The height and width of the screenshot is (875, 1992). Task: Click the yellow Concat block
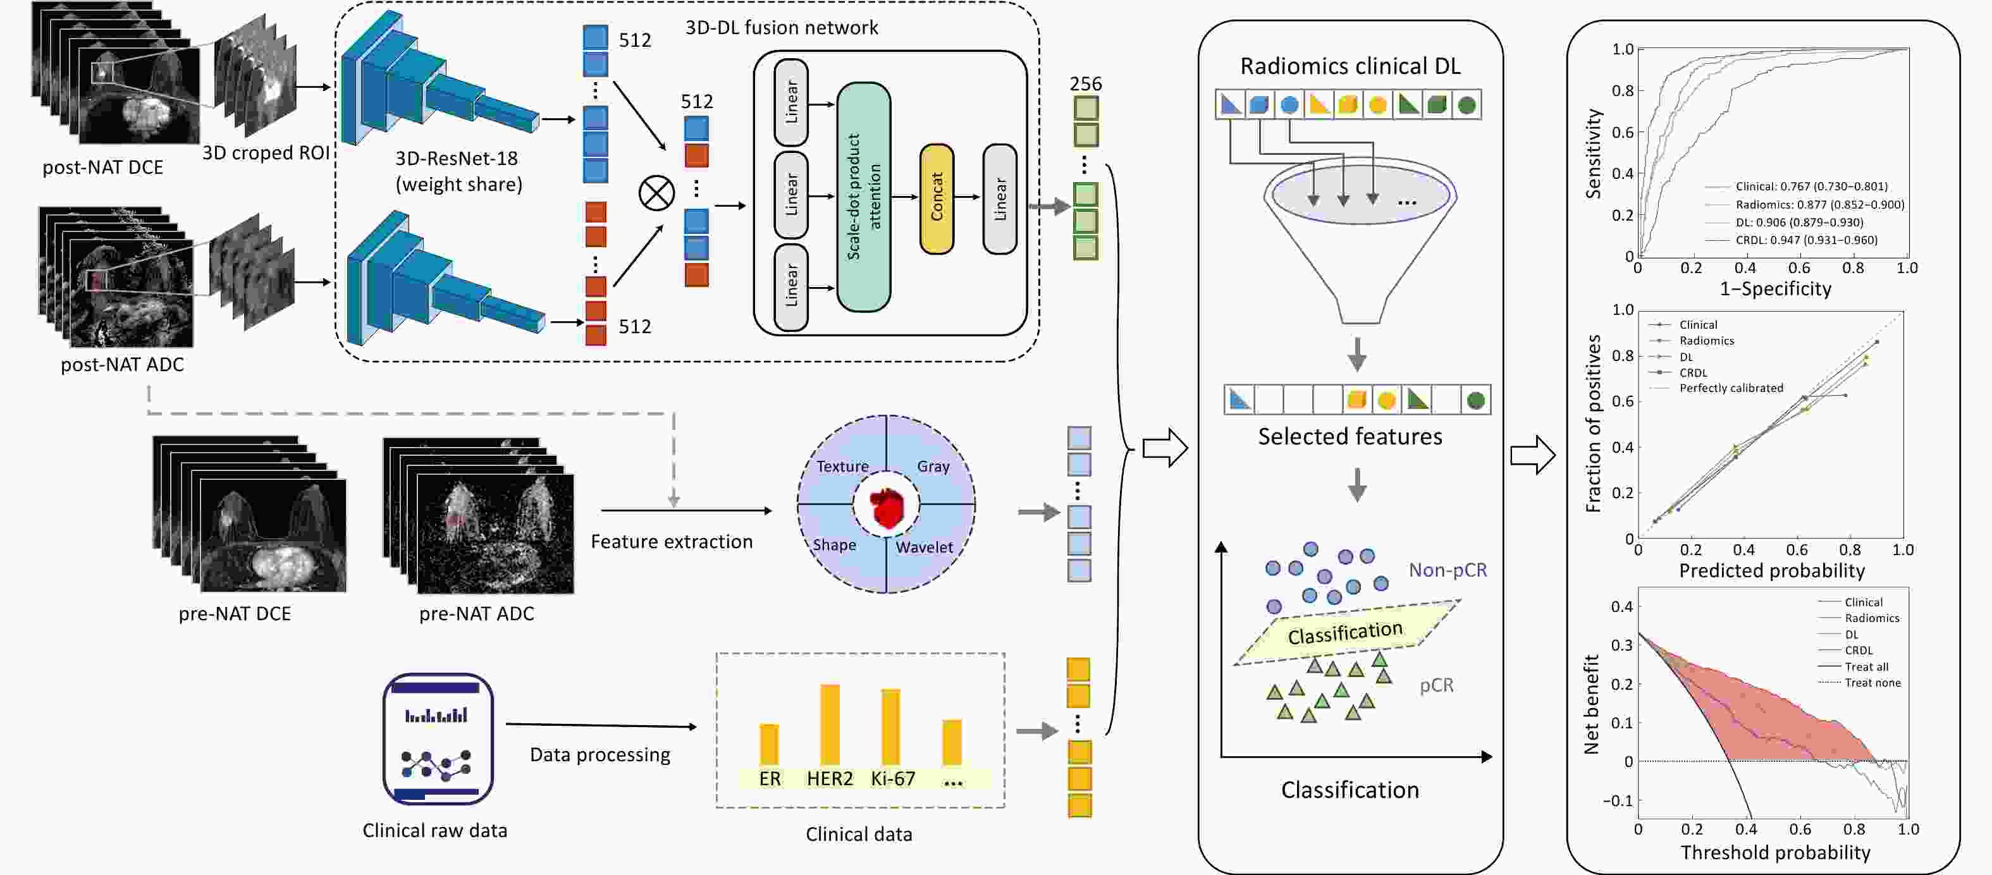click(937, 198)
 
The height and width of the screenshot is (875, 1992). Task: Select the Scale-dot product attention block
click(864, 197)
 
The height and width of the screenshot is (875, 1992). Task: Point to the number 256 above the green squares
click(1086, 83)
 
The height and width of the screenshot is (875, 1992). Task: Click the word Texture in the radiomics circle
click(842, 466)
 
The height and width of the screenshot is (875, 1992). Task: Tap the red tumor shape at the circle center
click(886, 508)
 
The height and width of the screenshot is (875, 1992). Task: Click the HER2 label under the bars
click(829, 778)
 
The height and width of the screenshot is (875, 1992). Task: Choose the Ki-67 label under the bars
click(892, 778)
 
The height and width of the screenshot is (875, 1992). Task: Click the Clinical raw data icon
click(438, 739)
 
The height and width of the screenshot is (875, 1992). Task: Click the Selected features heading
click(1350, 437)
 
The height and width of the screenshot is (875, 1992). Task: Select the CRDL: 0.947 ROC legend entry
click(1805, 240)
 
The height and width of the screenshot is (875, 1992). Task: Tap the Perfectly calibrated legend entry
click(1731, 388)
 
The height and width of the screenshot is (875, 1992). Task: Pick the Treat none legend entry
click(1872, 683)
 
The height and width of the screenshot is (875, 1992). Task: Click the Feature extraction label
click(671, 542)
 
